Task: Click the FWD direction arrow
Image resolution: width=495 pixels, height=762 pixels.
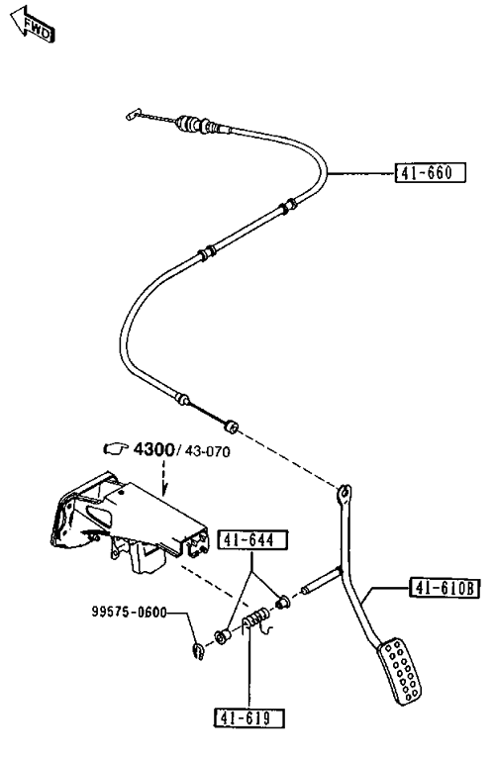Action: pyautogui.click(x=33, y=25)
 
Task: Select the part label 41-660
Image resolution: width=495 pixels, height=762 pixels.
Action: pyautogui.click(x=431, y=172)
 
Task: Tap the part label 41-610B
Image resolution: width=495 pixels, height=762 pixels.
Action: pyautogui.click(x=445, y=588)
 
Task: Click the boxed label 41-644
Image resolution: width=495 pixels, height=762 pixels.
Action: pyautogui.click(x=252, y=540)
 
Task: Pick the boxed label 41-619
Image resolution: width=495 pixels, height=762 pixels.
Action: pyautogui.click(x=249, y=717)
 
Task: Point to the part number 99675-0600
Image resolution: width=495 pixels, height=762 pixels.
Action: pyautogui.click(x=130, y=612)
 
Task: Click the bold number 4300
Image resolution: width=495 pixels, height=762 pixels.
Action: pyautogui.click(x=153, y=449)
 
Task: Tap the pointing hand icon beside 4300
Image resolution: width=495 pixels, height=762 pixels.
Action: pyautogui.click(x=116, y=448)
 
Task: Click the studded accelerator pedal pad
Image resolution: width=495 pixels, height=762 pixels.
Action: pyautogui.click(x=400, y=671)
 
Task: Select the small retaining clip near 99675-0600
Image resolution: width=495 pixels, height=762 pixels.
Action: pyautogui.click(x=198, y=652)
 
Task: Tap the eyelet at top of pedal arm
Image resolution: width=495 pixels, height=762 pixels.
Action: pyautogui.click(x=344, y=492)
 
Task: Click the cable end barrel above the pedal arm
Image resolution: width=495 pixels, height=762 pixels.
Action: pyautogui.click(x=230, y=426)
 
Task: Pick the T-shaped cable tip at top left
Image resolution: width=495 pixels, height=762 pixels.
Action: pyautogui.click(x=133, y=114)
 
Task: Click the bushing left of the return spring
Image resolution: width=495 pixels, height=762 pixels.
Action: pyautogui.click(x=222, y=636)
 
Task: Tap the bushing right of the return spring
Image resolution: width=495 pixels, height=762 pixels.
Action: pyautogui.click(x=282, y=602)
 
